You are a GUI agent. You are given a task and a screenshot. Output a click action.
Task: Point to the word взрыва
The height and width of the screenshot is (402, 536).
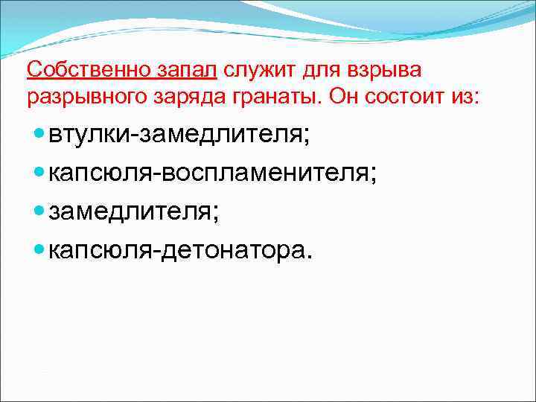[385, 70]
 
